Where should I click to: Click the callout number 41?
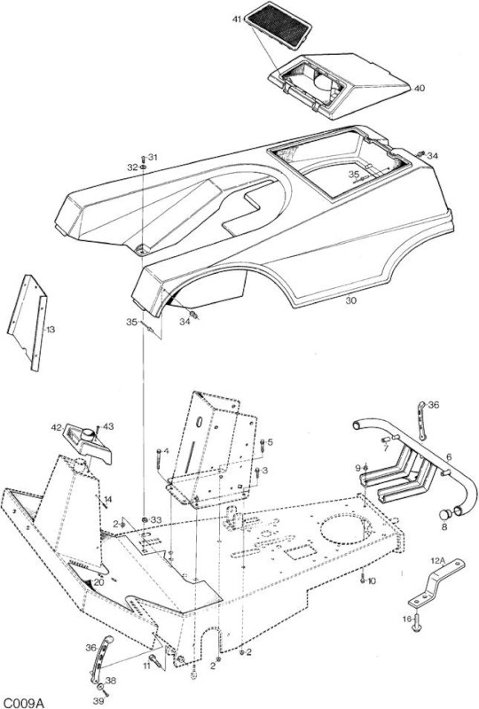(237, 19)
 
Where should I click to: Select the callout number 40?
(420, 88)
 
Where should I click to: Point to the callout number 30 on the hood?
(351, 300)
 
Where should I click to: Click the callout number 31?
(153, 158)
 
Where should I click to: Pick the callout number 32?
(132, 168)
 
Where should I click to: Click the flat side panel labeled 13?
(27, 323)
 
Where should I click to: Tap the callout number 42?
(57, 427)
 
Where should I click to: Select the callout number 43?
(108, 426)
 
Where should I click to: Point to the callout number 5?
(271, 441)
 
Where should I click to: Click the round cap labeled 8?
(445, 514)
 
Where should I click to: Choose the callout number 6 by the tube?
(449, 457)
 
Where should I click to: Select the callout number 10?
(372, 581)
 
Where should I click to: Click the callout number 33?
(156, 520)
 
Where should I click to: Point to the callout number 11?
(146, 666)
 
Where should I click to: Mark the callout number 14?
(107, 499)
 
